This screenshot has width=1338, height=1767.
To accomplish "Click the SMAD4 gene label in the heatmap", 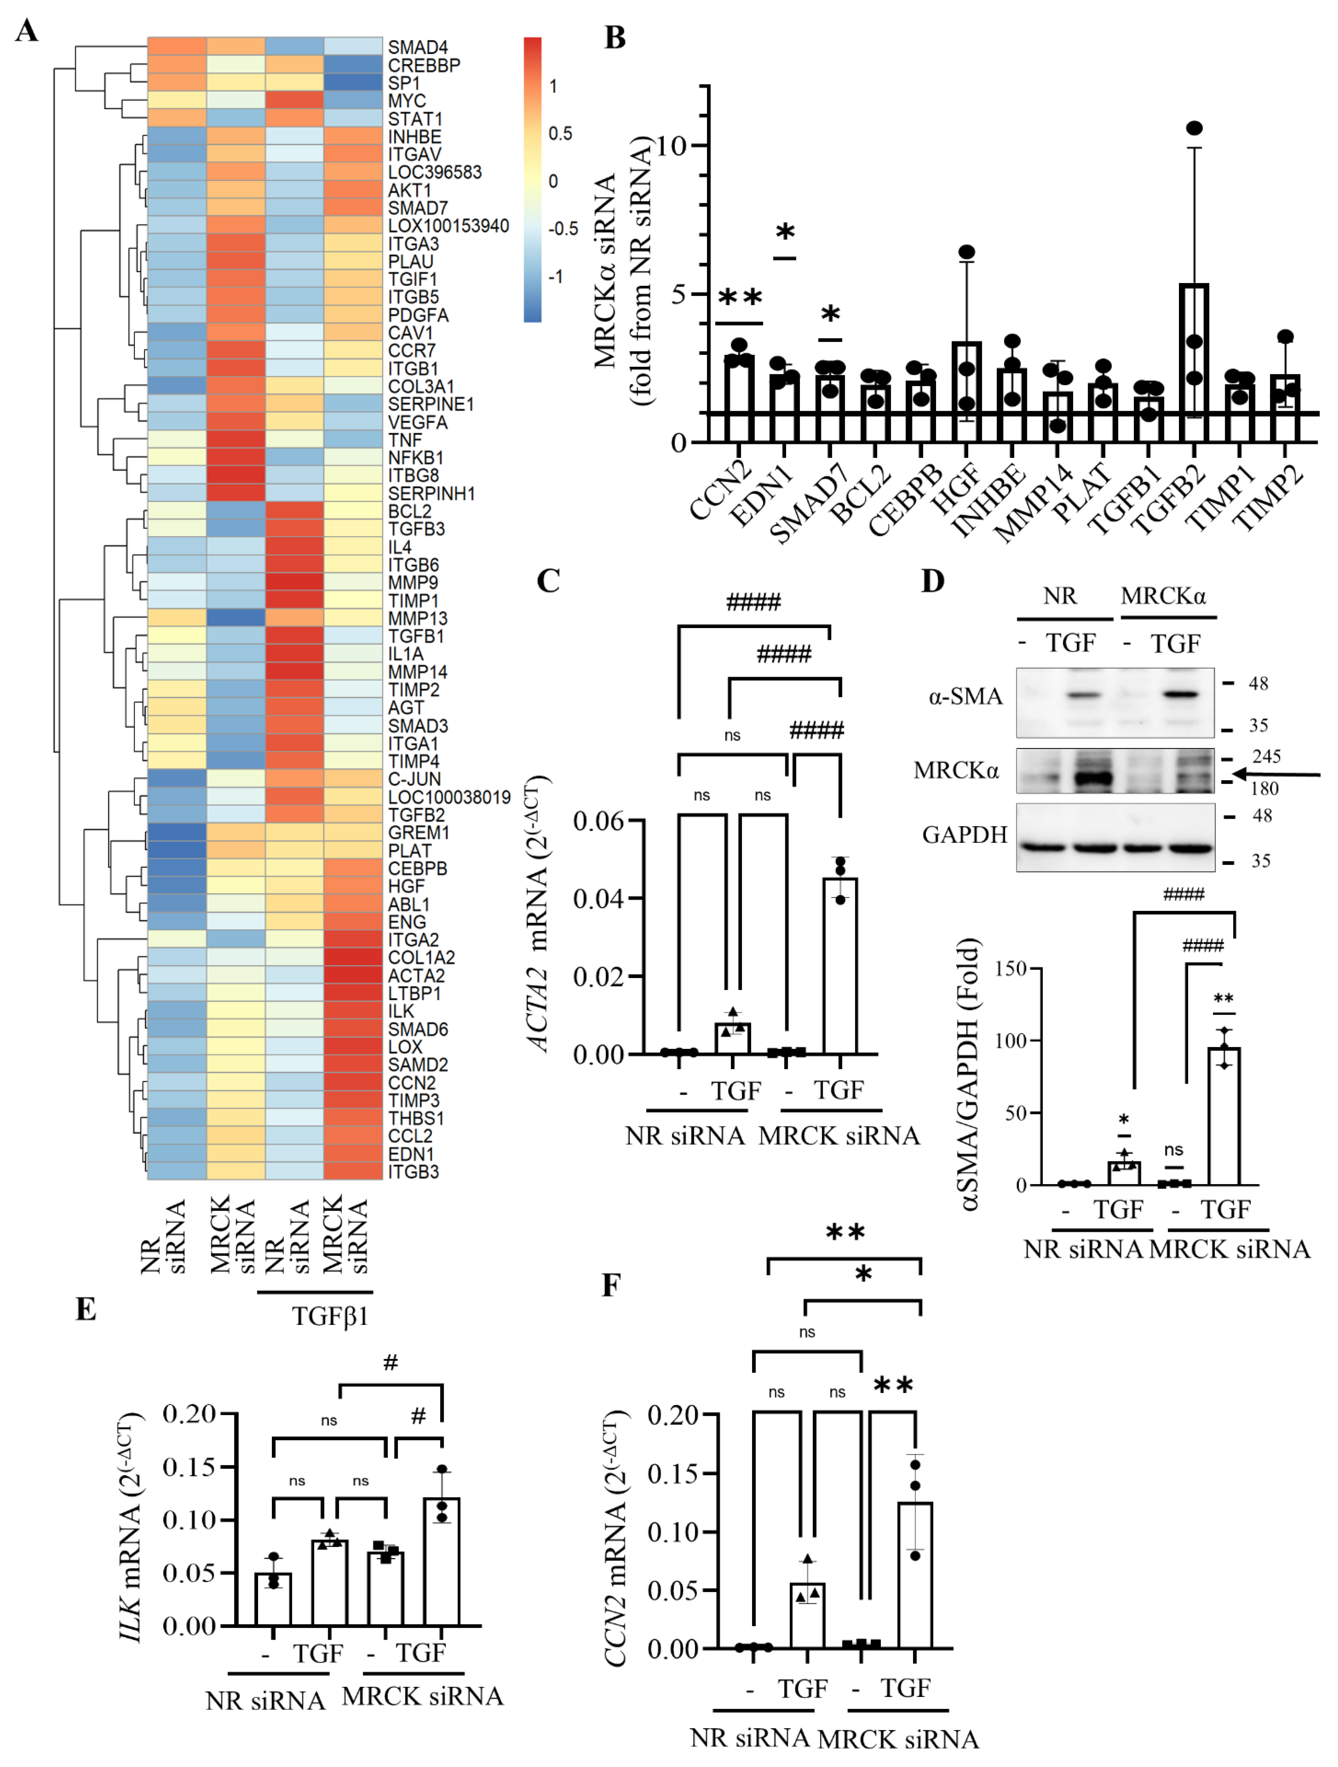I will pyautogui.click(x=418, y=47).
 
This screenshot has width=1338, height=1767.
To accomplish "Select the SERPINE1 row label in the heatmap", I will pyautogui.click(x=431, y=404).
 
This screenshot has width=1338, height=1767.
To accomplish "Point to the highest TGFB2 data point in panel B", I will pyautogui.click(x=1194, y=129).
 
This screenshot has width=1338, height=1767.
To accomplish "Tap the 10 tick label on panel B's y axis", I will pyautogui.click(x=673, y=146).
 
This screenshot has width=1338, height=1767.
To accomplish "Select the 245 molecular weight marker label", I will pyautogui.click(x=1266, y=756).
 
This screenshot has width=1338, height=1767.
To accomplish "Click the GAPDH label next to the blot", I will pyautogui.click(x=964, y=835).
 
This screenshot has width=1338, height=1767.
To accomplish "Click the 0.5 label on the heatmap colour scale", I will pyautogui.click(x=560, y=133).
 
